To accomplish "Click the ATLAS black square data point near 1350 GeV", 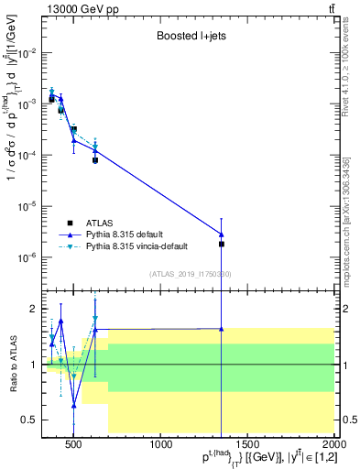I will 222,244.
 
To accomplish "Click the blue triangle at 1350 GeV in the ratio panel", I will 222,328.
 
